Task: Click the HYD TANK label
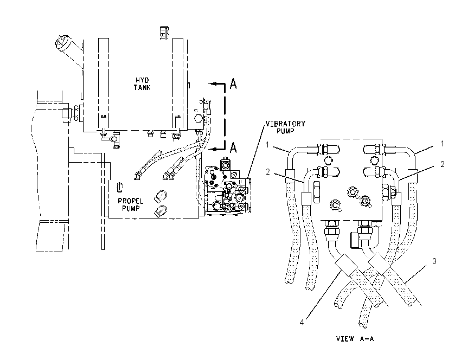pyautogui.click(x=142, y=83)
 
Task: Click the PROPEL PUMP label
pyautogui.click(x=131, y=205)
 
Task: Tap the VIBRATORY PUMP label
pyautogui.click(x=285, y=127)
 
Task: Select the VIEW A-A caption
pyautogui.click(x=355, y=338)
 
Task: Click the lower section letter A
pyautogui.click(x=233, y=147)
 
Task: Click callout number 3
pyautogui.click(x=434, y=261)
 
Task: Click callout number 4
pyautogui.click(x=302, y=323)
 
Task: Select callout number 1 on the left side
pyautogui.click(x=267, y=145)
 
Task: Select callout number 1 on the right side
pyautogui.click(x=442, y=144)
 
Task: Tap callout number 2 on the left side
pyautogui.click(x=267, y=172)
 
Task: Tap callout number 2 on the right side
pyautogui.click(x=443, y=164)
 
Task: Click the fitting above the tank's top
pyautogui.click(x=164, y=33)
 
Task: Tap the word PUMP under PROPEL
pyautogui.click(x=131, y=209)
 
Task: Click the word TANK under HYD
pyautogui.click(x=142, y=87)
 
